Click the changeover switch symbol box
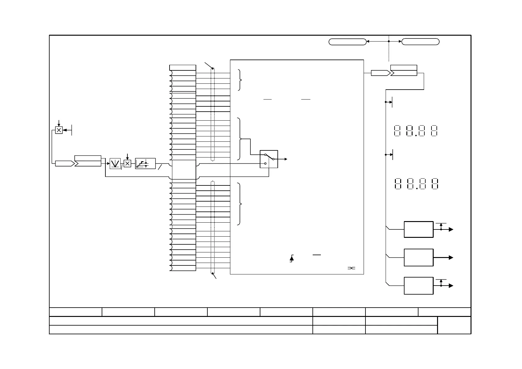[269, 159]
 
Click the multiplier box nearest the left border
[59, 130]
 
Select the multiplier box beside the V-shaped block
[127, 163]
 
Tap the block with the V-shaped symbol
[115, 163]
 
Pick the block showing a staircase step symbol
[145, 163]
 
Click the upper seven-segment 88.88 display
[415, 131]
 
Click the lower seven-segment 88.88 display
[416, 184]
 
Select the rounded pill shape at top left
[347, 42]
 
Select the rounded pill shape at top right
[420, 42]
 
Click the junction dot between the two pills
[389, 41]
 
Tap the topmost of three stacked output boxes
[418, 229]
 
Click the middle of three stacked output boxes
[418, 257]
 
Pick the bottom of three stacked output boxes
[418, 286]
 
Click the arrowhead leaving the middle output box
[451, 258]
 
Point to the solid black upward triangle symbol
[292, 258]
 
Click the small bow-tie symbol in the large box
[351, 268]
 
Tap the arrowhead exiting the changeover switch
[285, 159]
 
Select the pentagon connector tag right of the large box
[380, 73]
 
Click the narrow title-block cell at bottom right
[454, 325]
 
